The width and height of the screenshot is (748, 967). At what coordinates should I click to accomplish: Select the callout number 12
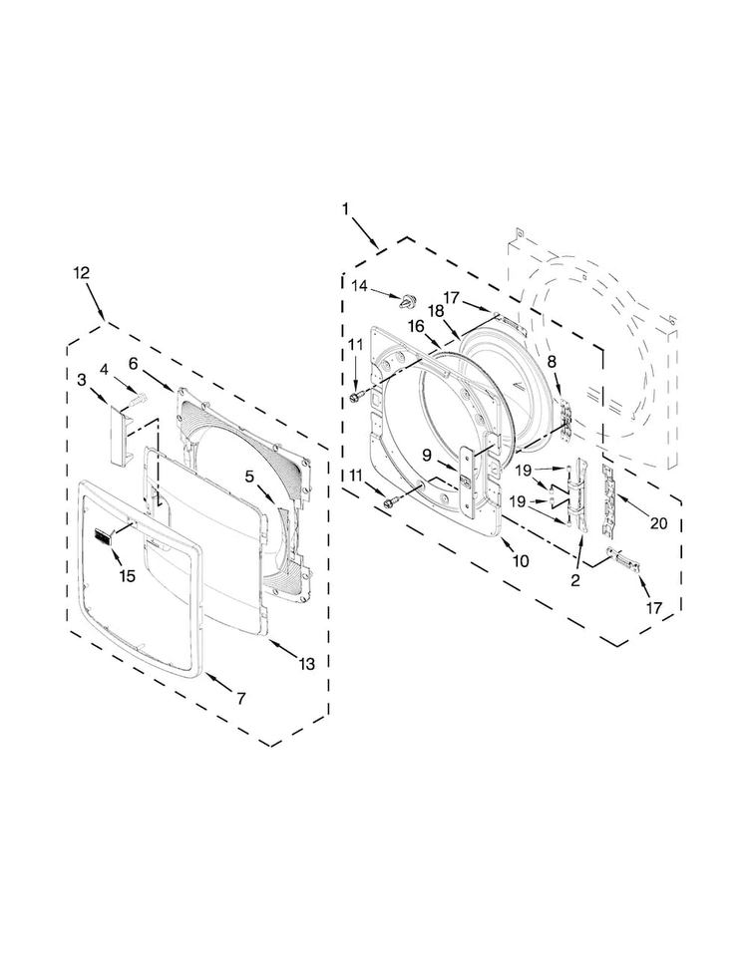[x=82, y=272]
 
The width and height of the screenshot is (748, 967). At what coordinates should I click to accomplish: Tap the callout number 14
[x=359, y=286]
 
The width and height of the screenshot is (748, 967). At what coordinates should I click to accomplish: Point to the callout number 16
[x=416, y=326]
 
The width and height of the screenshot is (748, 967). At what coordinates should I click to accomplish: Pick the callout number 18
[x=436, y=311]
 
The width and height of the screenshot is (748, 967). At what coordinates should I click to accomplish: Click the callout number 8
[x=552, y=364]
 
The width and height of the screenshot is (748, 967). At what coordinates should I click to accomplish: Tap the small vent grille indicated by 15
[x=101, y=537]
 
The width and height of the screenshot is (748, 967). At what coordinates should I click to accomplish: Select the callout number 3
[x=81, y=380]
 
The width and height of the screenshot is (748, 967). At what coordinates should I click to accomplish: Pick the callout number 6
[x=135, y=363]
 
